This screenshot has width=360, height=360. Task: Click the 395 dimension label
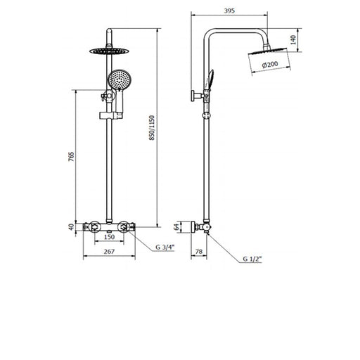point(229,11)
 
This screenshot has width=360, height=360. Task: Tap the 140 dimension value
point(293,40)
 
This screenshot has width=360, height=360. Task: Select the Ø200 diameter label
point(270,65)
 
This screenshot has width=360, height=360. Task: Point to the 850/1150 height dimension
point(152,128)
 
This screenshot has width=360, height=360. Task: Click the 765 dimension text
point(71,157)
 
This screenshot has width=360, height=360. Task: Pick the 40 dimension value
point(71,227)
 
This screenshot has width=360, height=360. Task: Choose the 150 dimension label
point(109,237)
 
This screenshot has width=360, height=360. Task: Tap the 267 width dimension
point(109,252)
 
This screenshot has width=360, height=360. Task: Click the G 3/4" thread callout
point(165,247)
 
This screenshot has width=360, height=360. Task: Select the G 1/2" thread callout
point(252,259)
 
